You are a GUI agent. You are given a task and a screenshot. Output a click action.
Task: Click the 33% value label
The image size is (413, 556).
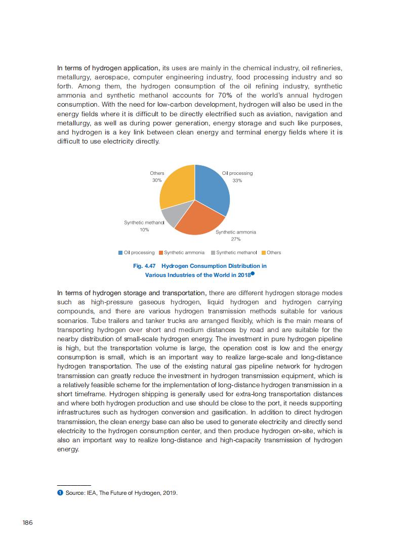(x=237, y=180)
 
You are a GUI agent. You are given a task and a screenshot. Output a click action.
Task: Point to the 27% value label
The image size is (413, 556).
(x=235, y=239)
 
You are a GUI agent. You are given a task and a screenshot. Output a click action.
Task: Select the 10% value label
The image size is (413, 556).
(x=144, y=229)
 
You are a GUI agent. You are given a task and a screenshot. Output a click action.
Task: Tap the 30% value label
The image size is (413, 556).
(x=157, y=180)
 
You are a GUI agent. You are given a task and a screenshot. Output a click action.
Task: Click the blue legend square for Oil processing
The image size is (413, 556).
(x=120, y=253)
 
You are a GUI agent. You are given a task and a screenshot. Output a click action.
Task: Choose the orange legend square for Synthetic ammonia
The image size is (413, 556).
(x=161, y=253)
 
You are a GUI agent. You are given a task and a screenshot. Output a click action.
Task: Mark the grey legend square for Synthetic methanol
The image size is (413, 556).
(x=213, y=253)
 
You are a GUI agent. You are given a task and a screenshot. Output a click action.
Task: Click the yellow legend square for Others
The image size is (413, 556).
(x=263, y=253)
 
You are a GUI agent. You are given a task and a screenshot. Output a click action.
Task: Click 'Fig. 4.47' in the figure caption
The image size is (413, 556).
(x=144, y=266)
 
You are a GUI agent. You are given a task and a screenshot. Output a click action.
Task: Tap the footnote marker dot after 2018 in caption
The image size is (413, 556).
(x=252, y=273)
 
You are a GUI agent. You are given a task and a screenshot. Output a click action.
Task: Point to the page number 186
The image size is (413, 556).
(x=27, y=523)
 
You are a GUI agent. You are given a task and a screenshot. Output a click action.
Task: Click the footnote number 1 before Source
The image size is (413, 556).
(x=60, y=493)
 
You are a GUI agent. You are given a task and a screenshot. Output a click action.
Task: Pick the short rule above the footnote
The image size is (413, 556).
(x=74, y=485)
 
